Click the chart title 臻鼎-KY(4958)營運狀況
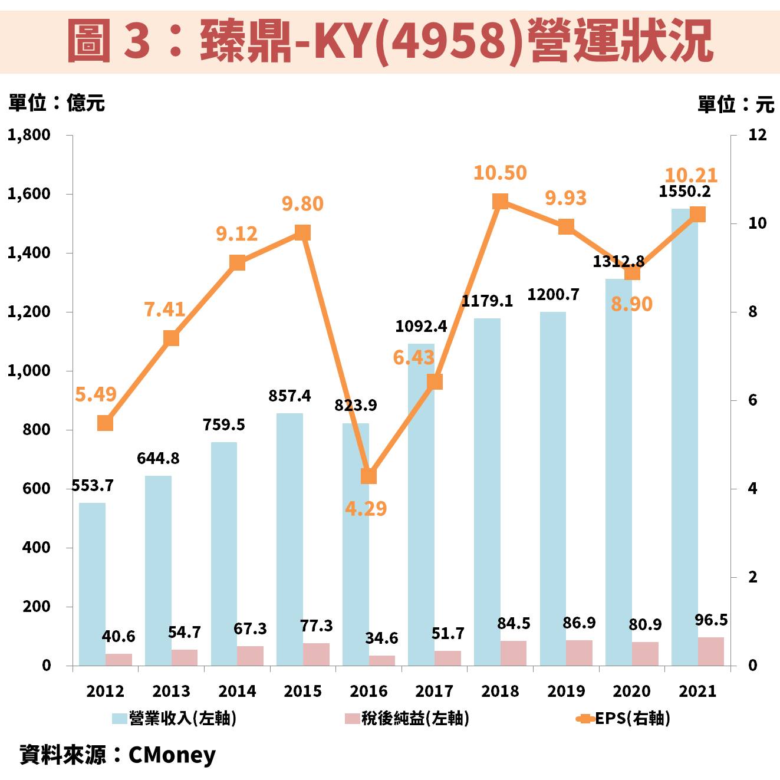[x=390, y=40]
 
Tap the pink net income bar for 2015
[x=317, y=654]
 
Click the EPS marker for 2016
[x=368, y=476]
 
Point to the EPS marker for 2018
[x=500, y=202]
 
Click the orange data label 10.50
[x=500, y=173]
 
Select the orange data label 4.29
[x=366, y=508]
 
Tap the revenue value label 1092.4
[x=421, y=326]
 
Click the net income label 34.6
[x=381, y=638]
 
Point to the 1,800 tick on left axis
[x=29, y=135]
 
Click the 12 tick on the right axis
[x=757, y=135]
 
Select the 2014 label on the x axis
[x=237, y=691]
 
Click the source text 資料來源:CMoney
[x=118, y=755]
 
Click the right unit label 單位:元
[x=736, y=104]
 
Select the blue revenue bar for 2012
[x=92, y=584]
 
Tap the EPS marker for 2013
[x=171, y=338]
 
